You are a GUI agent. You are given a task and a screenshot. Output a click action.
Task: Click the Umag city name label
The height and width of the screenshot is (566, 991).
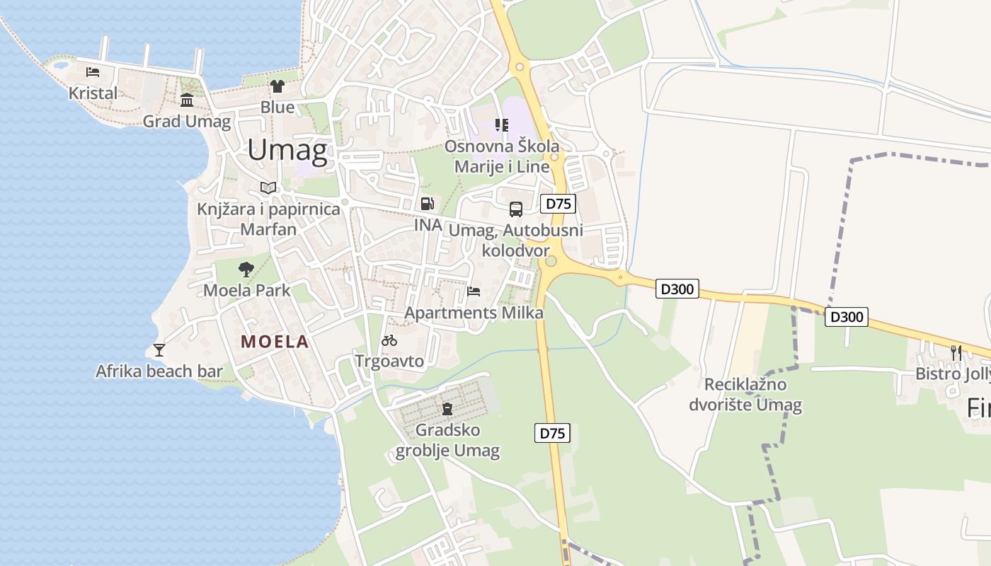tap(287, 150)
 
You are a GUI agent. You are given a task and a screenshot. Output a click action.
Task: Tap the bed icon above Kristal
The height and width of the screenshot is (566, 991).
tap(93, 71)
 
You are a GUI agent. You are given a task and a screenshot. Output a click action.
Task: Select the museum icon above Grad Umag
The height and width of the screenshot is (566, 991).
tap(187, 100)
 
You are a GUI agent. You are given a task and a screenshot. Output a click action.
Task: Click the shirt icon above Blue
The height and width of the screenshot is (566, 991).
tap(277, 86)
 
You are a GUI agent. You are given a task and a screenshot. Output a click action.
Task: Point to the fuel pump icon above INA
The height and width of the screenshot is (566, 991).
tap(428, 204)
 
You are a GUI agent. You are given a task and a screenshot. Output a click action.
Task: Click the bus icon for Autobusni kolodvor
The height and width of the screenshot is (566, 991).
tap(516, 209)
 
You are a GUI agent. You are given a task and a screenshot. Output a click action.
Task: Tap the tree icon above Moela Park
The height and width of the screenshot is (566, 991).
tap(246, 269)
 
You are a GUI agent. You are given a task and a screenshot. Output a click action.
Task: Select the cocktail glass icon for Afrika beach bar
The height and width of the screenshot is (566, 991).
tap(159, 350)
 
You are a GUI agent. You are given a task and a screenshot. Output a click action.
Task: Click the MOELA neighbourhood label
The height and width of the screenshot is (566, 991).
tap(275, 342)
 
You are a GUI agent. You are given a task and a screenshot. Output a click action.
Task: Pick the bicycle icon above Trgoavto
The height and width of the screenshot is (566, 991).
tap(389, 340)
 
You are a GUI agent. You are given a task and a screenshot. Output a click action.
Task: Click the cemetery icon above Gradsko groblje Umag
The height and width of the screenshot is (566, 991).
tap(447, 408)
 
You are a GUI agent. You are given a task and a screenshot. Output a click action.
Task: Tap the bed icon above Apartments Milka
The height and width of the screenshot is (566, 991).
tap(474, 291)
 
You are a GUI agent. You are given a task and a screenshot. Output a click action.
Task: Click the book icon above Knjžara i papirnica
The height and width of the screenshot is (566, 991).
tap(268, 187)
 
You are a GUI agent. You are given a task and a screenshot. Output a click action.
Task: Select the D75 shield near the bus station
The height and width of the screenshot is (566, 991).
tap(558, 204)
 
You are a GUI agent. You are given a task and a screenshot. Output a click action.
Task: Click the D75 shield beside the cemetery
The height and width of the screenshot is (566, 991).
tap(552, 433)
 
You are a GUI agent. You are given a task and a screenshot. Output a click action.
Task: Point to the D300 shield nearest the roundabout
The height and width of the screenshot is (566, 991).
tap(677, 289)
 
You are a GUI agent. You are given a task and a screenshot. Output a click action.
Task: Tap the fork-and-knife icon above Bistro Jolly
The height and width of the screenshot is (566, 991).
tap(956, 352)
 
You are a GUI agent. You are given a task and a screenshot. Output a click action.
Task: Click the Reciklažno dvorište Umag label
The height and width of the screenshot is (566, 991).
tap(745, 395)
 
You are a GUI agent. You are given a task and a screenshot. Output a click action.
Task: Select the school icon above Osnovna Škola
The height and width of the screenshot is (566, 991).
tap(502, 125)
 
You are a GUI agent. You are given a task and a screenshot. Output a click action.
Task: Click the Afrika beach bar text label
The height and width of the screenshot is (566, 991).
tap(159, 371)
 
